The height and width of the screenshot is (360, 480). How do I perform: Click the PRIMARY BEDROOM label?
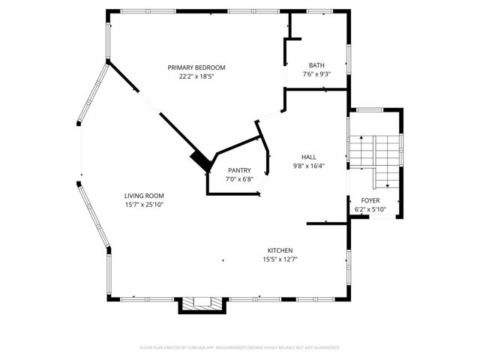196,67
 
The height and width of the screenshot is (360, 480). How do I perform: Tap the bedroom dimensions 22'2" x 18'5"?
196,76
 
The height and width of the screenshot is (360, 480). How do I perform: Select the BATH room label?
316,65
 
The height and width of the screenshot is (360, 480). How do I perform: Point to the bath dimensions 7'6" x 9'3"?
316,74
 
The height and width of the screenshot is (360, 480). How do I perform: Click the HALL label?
307,157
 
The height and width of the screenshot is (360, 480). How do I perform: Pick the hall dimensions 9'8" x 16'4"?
307,166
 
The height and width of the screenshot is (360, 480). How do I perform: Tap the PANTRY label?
239,170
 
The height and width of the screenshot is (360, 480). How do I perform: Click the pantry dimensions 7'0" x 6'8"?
239,179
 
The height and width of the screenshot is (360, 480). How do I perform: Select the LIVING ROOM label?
144,196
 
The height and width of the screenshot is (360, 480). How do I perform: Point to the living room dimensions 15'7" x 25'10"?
144,205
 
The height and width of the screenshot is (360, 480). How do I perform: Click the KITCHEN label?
280,250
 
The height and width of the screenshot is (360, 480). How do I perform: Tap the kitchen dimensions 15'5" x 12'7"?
280,259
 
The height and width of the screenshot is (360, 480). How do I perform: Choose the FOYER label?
370,200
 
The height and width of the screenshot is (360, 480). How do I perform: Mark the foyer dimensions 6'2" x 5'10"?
370,209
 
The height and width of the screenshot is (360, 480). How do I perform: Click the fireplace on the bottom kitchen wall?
202,304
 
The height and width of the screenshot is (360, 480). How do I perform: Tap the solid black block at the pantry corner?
200,160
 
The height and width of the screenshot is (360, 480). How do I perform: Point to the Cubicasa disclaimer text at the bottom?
239,348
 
